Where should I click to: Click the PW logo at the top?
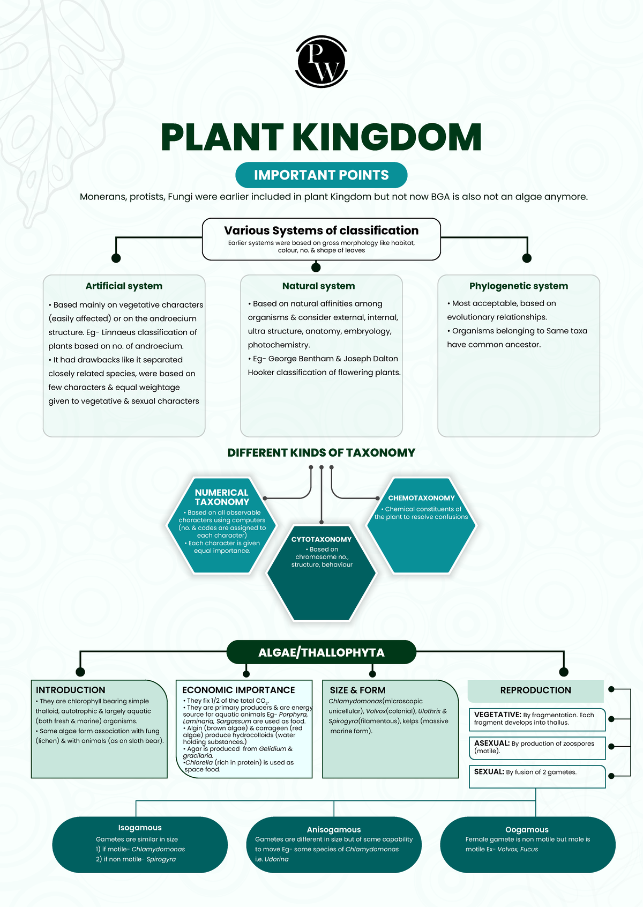click(x=321, y=62)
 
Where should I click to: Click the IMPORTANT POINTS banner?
click(x=321, y=175)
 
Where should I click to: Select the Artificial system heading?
click(x=124, y=286)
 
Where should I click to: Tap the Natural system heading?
click(x=318, y=286)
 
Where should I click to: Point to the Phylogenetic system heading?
click(x=518, y=286)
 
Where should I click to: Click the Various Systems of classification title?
click(x=321, y=231)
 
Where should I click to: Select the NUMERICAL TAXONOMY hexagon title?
click(x=222, y=497)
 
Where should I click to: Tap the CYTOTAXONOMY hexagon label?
click(x=322, y=539)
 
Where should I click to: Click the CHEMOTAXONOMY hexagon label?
click(x=421, y=498)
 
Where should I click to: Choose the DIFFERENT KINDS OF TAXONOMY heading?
click(x=321, y=453)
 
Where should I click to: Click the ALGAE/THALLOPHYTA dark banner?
click(x=321, y=652)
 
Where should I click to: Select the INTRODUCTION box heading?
click(x=70, y=690)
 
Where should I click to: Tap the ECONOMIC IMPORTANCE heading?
click(x=238, y=690)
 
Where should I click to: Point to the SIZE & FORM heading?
click(x=357, y=690)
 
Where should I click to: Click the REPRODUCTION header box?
click(x=535, y=690)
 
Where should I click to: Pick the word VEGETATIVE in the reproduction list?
click(x=497, y=715)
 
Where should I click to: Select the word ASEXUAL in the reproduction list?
click(x=491, y=743)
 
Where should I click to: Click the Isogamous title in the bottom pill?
click(x=140, y=828)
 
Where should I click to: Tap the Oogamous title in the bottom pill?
click(x=527, y=829)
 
